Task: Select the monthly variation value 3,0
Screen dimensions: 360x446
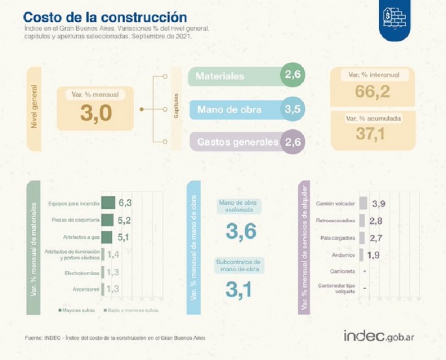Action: click(x=96, y=114)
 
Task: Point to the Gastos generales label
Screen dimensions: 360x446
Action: click(x=237, y=142)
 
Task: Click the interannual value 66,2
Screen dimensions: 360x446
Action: click(x=372, y=91)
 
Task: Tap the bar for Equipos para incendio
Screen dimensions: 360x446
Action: click(x=108, y=203)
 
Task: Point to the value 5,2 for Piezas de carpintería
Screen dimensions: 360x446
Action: click(x=124, y=220)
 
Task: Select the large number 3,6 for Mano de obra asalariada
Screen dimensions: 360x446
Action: click(x=240, y=231)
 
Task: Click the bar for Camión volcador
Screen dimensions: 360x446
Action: click(x=363, y=203)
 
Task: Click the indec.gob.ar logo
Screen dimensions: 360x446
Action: click(x=379, y=336)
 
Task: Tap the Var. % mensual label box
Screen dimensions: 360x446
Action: click(x=95, y=94)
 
